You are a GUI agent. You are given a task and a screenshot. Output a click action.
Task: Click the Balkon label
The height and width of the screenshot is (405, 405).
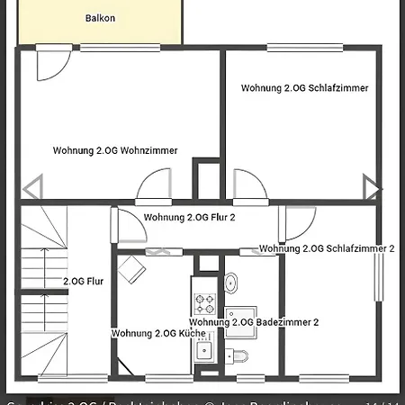click(x=99, y=18)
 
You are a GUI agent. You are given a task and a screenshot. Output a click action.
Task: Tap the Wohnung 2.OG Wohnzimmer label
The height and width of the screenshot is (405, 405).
click(x=115, y=150)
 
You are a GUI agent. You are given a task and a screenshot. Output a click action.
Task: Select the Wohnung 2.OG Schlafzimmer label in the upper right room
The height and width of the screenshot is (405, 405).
click(x=305, y=88)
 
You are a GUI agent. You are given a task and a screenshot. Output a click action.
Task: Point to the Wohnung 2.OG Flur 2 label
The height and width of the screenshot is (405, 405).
click(x=189, y=217)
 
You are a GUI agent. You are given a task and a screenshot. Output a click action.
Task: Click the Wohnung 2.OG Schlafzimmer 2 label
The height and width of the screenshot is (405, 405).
click(x=327, y=248)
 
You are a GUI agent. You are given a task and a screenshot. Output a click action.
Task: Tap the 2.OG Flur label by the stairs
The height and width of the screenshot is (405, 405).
click(x=83, y=282)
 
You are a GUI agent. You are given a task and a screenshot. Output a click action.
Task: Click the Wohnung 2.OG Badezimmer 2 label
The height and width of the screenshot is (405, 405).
click(x=254, y=321)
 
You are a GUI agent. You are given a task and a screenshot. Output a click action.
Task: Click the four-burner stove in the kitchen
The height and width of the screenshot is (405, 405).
click(x=203, y=303)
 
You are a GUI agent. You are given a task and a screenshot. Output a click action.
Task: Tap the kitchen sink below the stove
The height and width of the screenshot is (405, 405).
click(x=204, y=350)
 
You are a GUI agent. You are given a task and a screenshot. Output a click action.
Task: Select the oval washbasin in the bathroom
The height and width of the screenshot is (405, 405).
click(x=231, y=283)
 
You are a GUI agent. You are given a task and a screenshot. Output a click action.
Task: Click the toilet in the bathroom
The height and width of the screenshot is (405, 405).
click(x=240, y=355)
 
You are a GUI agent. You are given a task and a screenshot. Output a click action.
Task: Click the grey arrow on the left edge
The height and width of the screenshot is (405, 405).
click(x=31, y=188)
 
